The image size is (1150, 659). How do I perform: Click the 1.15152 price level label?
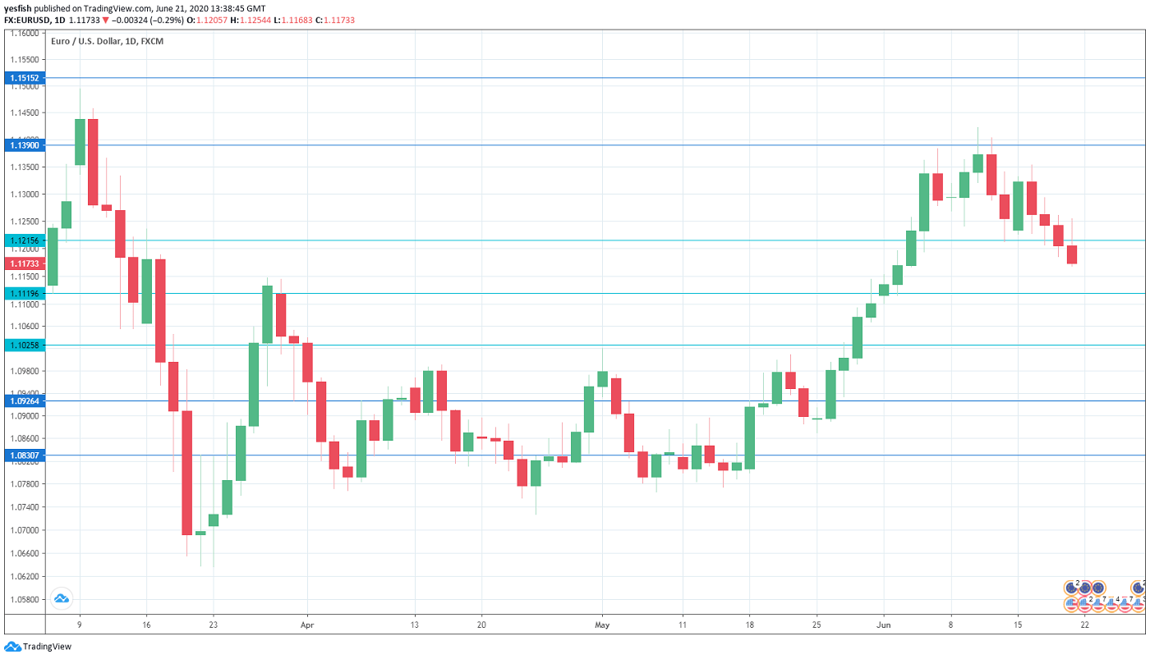(23, 78)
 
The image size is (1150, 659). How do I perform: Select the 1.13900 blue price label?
(23, 145)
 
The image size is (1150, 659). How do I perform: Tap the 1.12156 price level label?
(23, 240)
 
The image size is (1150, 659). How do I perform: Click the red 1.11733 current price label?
(23, 263)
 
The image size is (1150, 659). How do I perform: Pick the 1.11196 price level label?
(23, 293)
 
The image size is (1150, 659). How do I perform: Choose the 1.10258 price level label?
(23, 346)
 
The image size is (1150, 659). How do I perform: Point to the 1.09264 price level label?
(23, 401)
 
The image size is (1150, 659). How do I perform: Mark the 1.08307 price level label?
(23, 455)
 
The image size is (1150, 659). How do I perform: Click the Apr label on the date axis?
(306, 625)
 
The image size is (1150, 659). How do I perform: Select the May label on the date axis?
(602, 625)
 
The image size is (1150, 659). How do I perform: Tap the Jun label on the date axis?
(883, 625)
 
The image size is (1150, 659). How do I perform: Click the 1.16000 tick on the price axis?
(25, 34)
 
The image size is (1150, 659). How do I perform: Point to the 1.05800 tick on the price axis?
(25, 599)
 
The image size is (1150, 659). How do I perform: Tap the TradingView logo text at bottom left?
(47, 647)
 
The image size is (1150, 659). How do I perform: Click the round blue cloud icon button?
(61, 598)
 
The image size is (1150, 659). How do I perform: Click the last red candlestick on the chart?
(1072, 254)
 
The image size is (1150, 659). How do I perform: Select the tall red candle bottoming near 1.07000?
(186, 472)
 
